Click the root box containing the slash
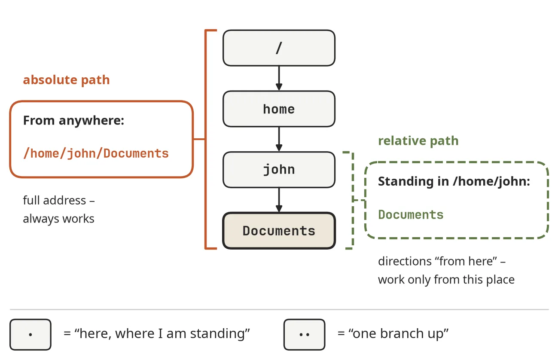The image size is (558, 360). tap(279, 48)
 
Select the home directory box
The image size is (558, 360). tap(279, 109)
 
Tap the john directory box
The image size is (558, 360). tap(279, 170)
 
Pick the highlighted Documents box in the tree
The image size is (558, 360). tap(279, 231)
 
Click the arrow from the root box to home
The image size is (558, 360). tap(279, 78)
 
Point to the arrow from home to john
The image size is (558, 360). tap(279, 139)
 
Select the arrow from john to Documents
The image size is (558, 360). tap(279, 200)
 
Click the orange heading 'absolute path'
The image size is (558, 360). tap(66, 80)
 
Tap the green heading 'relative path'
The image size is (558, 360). tap(418, 141)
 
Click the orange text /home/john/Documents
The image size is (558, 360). tap(96, 153)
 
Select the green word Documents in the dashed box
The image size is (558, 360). tap(411, 214)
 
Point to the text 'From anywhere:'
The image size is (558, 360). tap(73, 121)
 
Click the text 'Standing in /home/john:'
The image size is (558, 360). tap(454, 181)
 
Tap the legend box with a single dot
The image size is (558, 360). tap(30, 334)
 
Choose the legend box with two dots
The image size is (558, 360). tap(304, 334)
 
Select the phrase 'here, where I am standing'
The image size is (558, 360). tap(162, 334)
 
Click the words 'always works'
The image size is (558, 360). tap(58, 219)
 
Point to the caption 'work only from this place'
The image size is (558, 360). tap(446, 280)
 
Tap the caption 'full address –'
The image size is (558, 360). tap(59, 200)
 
